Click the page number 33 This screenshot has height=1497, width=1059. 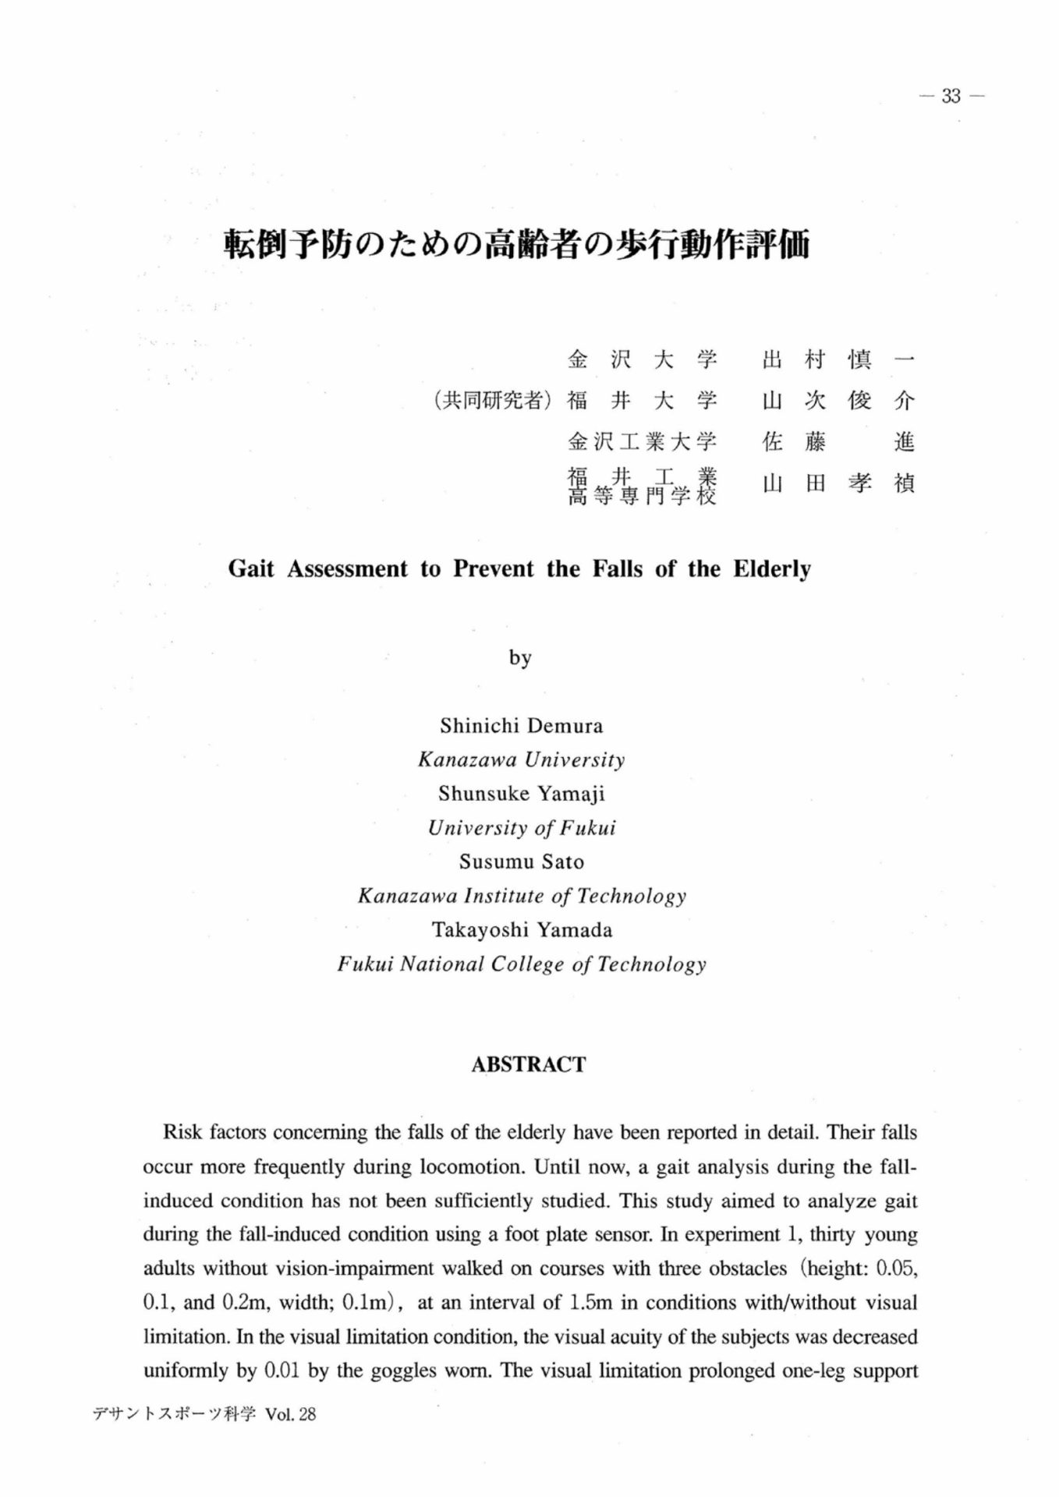click(x=951, y=96)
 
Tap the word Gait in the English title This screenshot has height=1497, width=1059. click(x=251, y=568)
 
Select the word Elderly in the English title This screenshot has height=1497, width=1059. click(x=771, y=568)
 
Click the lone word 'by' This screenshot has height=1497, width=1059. click(x=520, y=658)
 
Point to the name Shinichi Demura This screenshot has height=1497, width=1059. click(x=521, y=726)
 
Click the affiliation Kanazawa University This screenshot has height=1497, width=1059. click(x=521, y=759)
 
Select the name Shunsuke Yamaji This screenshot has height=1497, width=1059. click(x=521, y=794)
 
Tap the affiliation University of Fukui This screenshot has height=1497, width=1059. click(x=521, y=828)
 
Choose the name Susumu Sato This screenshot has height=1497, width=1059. click(x=521, y=862)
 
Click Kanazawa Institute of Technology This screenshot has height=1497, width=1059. click(x=521, y=896)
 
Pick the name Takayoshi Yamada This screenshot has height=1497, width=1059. click(x=521, y=930)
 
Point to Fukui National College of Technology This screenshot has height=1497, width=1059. click(x=521, y=964)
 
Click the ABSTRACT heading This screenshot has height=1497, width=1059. click(x=528, y=1065)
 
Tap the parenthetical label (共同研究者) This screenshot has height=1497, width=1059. click(x=492, y=401)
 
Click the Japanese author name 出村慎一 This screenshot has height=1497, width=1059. click(x=838, y=359)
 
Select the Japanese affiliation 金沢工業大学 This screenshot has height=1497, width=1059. click(x=641, y=442)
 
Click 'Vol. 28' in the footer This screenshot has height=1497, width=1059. click(x=291, y=1414)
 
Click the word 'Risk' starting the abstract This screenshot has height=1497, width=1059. click(x=182, y=1132)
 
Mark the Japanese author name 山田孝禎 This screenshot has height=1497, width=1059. click(x=838, y=483)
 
